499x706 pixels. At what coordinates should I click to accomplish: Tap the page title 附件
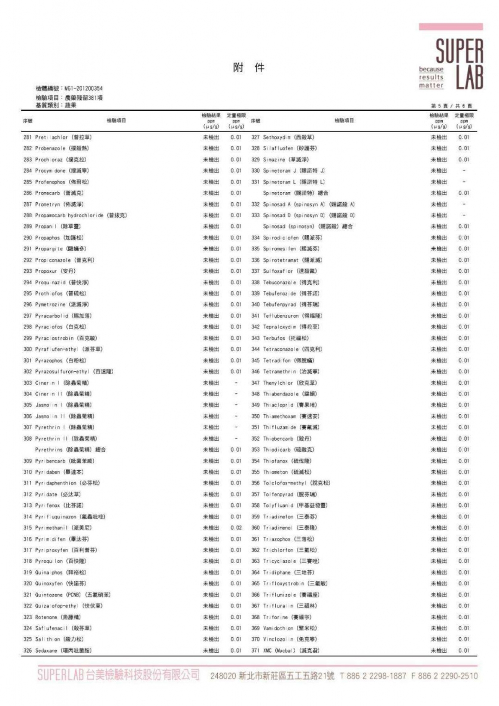pos(249,68)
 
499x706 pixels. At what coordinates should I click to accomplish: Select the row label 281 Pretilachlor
pos(58,137)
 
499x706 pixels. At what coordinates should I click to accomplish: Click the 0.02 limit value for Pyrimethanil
pos(236,528)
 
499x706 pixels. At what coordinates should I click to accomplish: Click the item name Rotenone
pos(46,617)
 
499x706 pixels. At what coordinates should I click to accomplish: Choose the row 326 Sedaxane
pos(57,651)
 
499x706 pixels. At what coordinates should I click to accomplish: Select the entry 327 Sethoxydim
pos(283,137)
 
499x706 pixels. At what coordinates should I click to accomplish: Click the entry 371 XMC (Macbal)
pos(285,651)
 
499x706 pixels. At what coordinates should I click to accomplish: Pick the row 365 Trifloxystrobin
pos(290,583)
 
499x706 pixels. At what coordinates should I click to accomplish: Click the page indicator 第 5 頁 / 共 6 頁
pos(451,106)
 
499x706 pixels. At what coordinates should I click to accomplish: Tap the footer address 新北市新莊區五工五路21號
pos(286,675)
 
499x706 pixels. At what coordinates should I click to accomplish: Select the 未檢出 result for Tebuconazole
pos(439,282)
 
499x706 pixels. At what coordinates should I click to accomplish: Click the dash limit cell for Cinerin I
pos(236,382)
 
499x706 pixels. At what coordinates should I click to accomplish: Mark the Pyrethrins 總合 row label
pos(71,450)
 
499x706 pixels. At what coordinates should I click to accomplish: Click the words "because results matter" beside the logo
pos(431,77)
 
